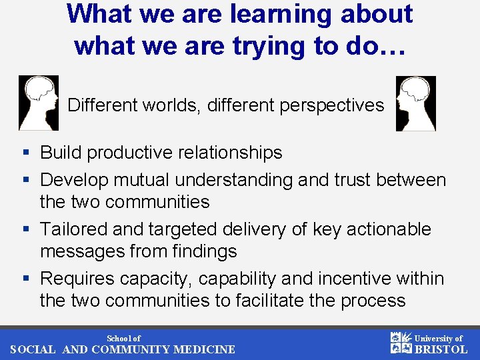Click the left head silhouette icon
pyautogui.click(x=39, y=103)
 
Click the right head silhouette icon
pyautogui.click(x=416, y=103)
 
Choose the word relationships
pyautogui.click(x=228, y=153)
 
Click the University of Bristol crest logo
pyautogui.click(x=400, y=343)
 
